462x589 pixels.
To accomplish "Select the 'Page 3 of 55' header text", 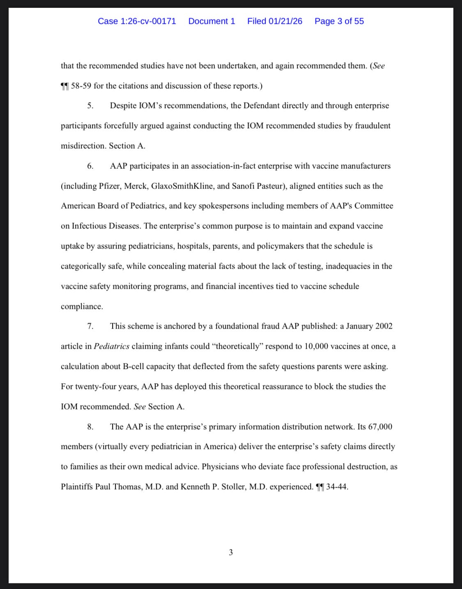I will pos(339,21).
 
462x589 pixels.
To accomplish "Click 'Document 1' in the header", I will pos(211,21).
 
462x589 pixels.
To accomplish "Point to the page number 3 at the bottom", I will pos(231,552).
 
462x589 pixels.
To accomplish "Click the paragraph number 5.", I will pos(90,106).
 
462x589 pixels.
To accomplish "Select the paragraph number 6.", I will pos(90,166).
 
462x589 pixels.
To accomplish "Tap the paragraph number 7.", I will pos(90,326).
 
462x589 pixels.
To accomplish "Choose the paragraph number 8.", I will pos(90,427).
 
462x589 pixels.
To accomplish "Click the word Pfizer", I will pos(109,186).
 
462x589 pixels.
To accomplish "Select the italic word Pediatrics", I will pos(111,346).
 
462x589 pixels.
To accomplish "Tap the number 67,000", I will pos(380,427).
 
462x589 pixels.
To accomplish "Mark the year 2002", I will pos(384,326).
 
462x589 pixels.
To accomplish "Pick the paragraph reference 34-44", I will pos(337,487).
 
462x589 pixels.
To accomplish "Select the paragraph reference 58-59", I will pos(81,86).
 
